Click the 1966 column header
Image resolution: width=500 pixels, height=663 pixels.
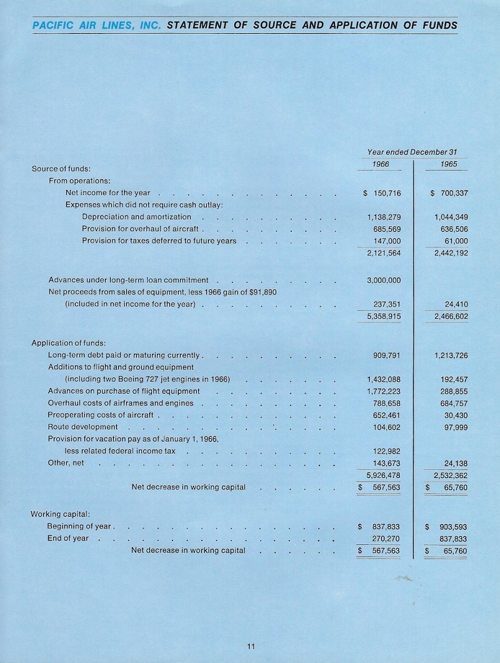point(381,164)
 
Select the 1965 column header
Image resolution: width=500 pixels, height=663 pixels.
point(448,164)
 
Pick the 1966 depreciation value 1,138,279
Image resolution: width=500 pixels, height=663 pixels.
point(384,217)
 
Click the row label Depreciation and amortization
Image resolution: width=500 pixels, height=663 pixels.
point(136,217)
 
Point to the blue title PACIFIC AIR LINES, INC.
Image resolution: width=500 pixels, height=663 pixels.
point(98,26)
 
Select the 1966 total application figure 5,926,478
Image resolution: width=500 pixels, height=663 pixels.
point(384,475)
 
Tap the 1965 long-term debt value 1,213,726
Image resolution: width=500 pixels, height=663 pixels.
point(451,356)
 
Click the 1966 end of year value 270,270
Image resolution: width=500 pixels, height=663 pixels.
point(386,539)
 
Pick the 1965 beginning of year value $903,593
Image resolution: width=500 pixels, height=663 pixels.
point(446,527)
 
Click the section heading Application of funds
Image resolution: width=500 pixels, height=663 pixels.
point(68,342)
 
